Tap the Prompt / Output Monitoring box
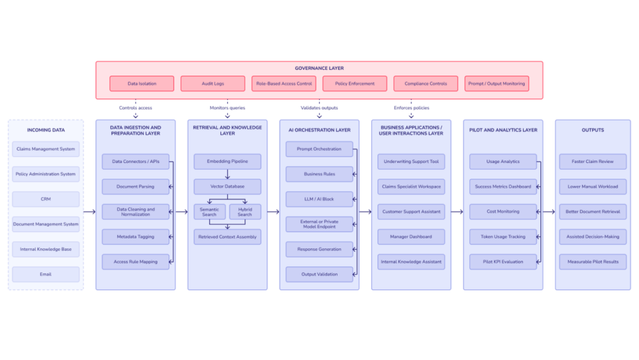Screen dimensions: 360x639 (497, 84)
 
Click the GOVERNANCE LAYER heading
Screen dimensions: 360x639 (319, 68)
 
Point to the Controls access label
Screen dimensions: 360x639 (135, 108)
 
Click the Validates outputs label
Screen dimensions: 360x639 (319, 108)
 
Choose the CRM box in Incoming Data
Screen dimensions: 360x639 (46, 199)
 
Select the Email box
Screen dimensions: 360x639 (46, 274)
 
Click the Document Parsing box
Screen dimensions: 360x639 (135, 187)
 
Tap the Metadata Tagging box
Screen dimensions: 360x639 (135, 236)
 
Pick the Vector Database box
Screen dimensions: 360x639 (227, 187)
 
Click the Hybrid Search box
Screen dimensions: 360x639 (245, 212)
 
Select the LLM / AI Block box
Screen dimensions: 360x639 (319, 199)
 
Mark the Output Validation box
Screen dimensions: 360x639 (319, 274)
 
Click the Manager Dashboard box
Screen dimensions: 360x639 (411, 236)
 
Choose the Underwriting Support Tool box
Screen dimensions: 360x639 (411, 162)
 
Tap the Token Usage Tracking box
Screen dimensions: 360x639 (503, 236)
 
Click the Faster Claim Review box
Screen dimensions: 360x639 (592, 162)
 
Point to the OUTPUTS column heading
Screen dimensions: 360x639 (592, 130)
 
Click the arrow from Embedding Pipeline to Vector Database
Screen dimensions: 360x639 (227, 174)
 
